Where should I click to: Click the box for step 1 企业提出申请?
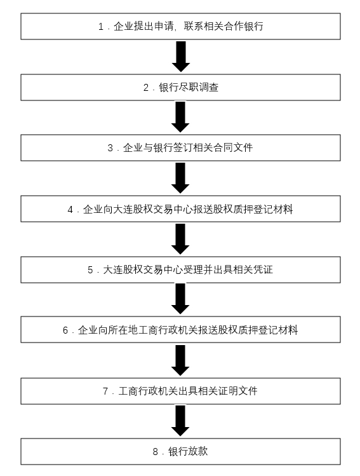[x=180, y=27]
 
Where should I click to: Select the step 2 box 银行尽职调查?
[x=180, y=88]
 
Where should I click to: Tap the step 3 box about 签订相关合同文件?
[x=180, y=148]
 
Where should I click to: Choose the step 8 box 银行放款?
[x=180, y=451]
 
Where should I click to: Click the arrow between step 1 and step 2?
[x=181, y=57]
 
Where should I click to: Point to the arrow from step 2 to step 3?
[x=180, y=117]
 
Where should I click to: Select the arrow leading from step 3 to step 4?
[x=180, y=178]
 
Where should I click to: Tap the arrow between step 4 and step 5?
[x=180, y=239]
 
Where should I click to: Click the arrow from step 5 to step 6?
[x=180, y=299]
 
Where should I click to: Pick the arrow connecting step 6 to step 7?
[x=180, y=360]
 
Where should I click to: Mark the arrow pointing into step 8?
[x=180, y=421]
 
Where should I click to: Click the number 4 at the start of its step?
[x=70, y=210]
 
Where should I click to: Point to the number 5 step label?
[x=90, y=270]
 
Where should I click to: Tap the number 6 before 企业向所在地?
[x=65, y=330]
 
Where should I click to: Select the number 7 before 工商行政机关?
[x=105, y=391]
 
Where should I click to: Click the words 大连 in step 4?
[x=123, y=209]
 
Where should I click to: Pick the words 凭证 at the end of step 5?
[x=263, y=269]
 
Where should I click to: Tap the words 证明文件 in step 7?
[x=237, y=391]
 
